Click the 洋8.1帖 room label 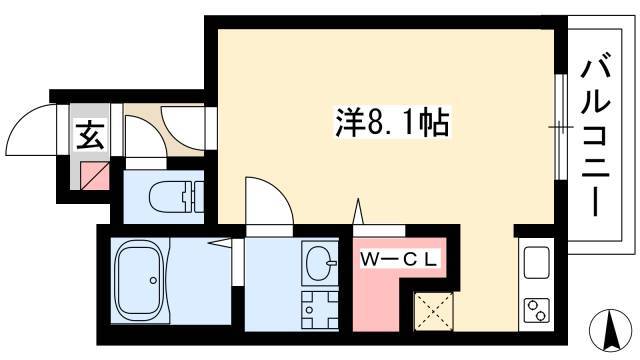click(392, 122)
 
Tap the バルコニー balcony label click(596, 137)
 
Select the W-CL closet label click(399, 260)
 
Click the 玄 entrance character click(90, 135)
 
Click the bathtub click(140, 281)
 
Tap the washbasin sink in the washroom click(320, 263)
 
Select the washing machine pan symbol click(320, 309)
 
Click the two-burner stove click(536, 309)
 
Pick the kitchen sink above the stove click(536, 262)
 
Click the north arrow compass click(611, 330)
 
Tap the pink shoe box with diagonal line click(95, 176)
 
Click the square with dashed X click(433, 311)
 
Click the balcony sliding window click(561, 127)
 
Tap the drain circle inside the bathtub click(153, 280)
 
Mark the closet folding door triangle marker click(358, 211)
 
